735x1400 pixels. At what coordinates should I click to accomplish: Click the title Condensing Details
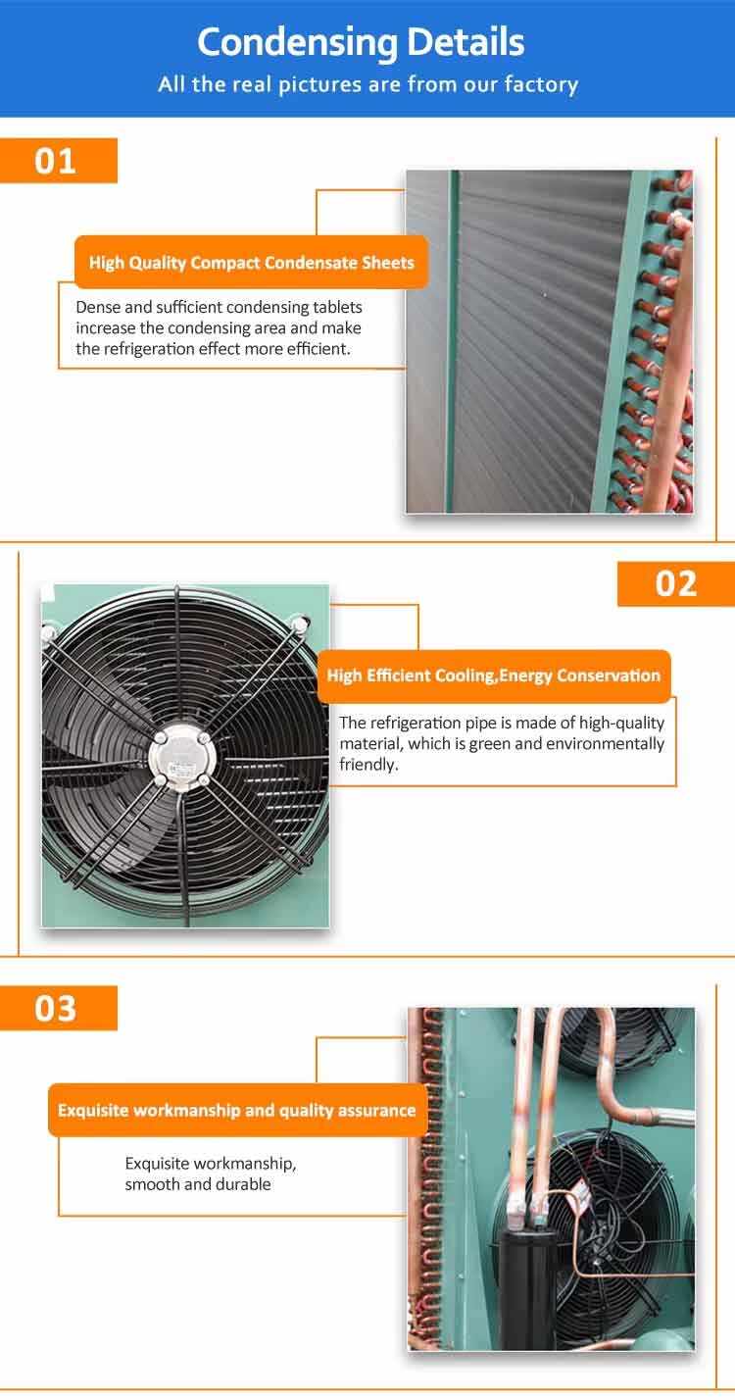click(x=361, y=42)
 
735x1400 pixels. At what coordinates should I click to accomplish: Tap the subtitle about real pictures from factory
click(x=367, y=84)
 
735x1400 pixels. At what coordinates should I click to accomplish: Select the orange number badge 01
click(x=59, y=161)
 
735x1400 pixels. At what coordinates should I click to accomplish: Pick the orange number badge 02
click(x=676, y=583)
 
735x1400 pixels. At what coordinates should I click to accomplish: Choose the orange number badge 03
click(x=59, y=1008)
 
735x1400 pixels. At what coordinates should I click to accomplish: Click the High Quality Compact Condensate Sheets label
click(x=251, y=263)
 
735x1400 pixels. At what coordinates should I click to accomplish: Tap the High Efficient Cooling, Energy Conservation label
click(x=494, y=675)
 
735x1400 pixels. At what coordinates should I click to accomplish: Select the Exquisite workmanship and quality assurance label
click(x=237, y=1110)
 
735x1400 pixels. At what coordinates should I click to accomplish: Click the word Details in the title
click(x=465, y=42)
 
